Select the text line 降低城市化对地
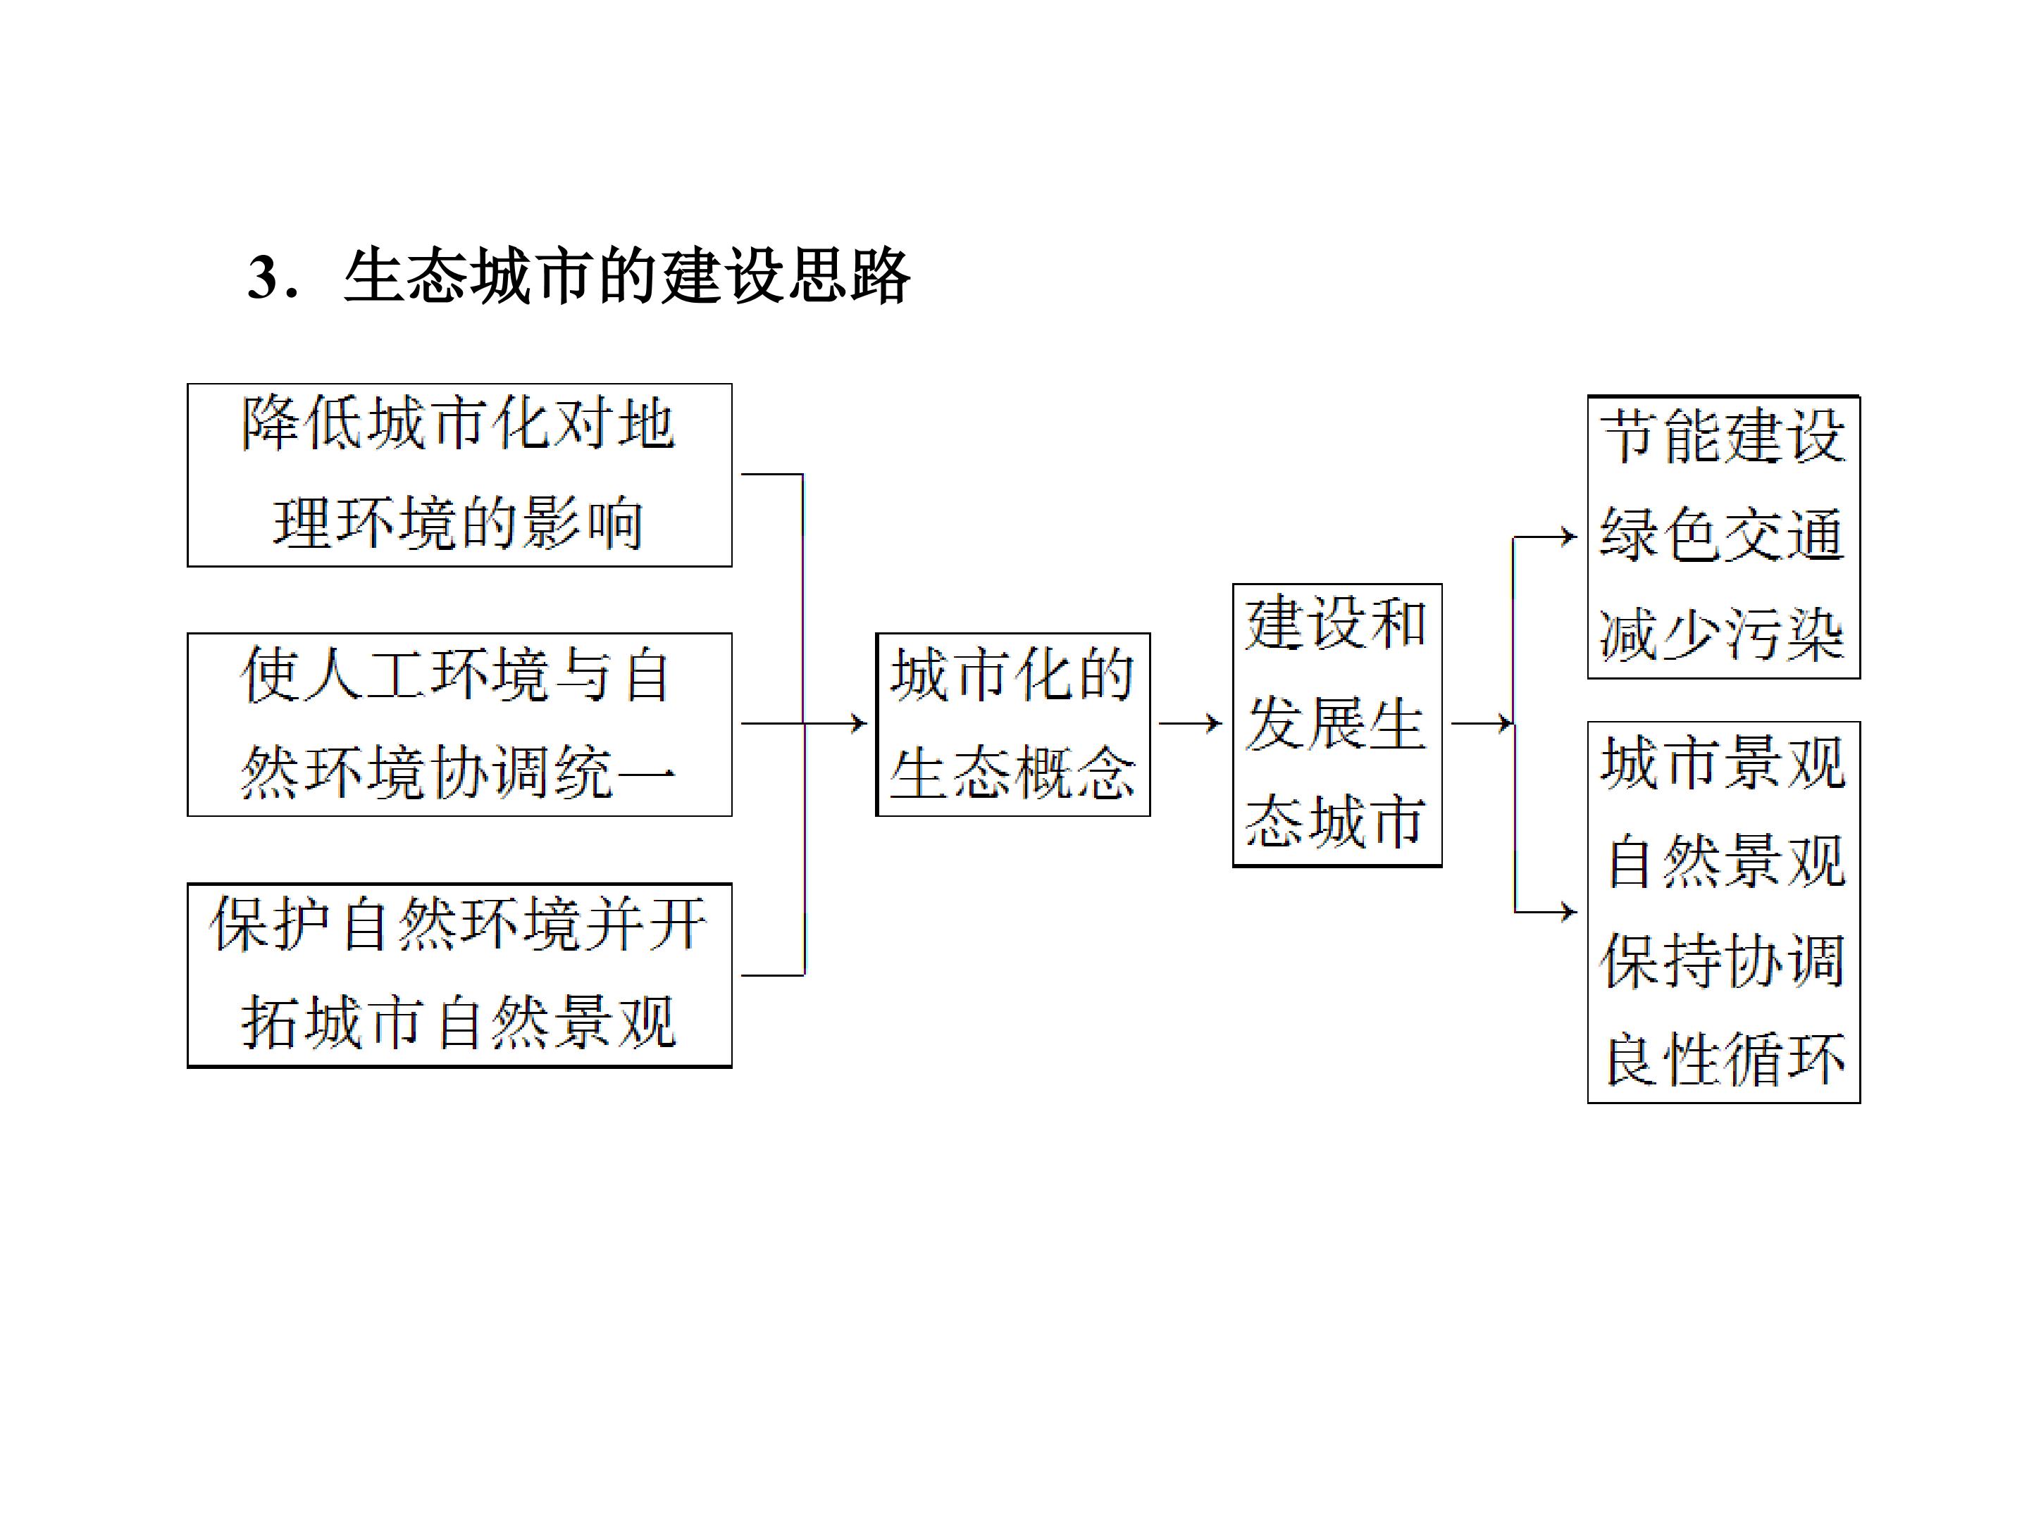point(459,425)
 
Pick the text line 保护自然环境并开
point(459,924)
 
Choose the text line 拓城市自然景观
point(459,1022)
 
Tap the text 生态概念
point(1012,773)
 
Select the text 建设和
point(1336,623)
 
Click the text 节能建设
point(1723,437)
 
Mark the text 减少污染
point(1723,634)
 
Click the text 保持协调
point(1723,960)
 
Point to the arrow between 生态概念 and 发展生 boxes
point(1191,723)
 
